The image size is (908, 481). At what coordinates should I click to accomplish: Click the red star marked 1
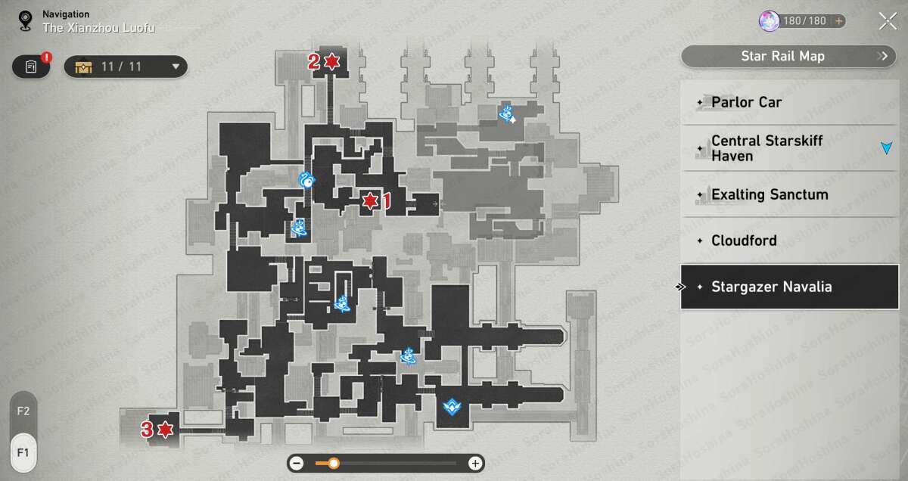pos(370,201)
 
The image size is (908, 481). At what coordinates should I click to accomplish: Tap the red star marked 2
pos(332,61)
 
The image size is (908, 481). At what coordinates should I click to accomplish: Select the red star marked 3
pos(166,430)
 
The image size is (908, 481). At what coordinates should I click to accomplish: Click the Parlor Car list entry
pos(789,102)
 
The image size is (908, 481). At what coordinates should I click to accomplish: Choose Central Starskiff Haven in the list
pos(789,148)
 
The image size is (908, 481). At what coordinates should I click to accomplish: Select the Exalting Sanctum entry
pos(789,194)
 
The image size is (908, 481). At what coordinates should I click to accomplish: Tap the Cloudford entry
pos(789,240)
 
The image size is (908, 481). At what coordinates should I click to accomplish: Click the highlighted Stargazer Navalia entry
pos(789,287)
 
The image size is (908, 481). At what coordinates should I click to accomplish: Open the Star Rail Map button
pos(788,56)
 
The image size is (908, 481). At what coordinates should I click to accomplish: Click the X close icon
pos(888,21)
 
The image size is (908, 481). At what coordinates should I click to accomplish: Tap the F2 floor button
pos(23,411)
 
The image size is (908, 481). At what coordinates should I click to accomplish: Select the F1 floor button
pos(23,452)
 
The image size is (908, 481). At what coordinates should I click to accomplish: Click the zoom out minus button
pos(297,463)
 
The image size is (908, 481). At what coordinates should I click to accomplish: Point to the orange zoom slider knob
pos(333,463)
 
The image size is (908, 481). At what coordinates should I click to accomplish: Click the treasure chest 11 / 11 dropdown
pos(126,67)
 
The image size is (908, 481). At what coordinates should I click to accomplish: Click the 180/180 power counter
pos(803,20)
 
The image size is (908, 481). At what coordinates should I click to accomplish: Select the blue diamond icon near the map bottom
pos(452,406)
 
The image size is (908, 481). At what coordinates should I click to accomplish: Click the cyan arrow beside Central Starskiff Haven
pos(887,147)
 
